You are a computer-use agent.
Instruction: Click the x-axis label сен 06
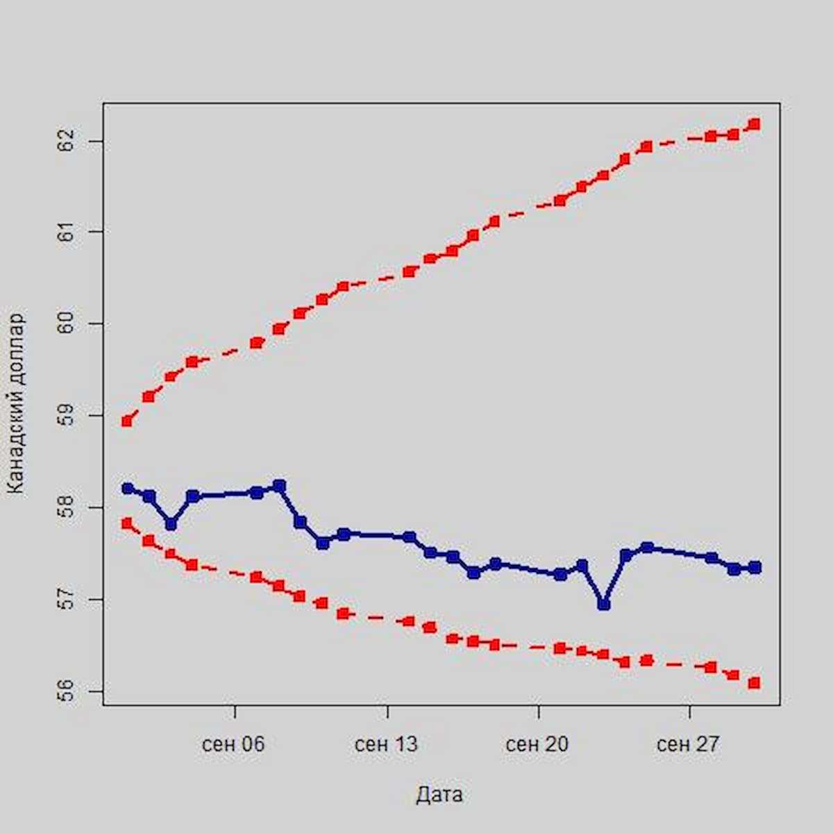coord(234,745)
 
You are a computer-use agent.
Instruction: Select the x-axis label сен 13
coord(386,745)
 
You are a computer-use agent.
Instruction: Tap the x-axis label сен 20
coord(537,745)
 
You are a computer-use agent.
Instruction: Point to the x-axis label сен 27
coord(688,745)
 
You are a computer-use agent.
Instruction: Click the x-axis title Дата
coord(439,795)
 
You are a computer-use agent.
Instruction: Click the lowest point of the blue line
coord(604,605)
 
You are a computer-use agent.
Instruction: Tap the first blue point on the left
coord(127,489)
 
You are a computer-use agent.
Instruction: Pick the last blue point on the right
coord(755,567)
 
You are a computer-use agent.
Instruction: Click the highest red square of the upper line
coord(755,124)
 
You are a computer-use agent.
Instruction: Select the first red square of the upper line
coord(127,421)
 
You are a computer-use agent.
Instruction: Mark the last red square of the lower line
coord(755,683)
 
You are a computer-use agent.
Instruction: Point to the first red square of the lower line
coord(127,523)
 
